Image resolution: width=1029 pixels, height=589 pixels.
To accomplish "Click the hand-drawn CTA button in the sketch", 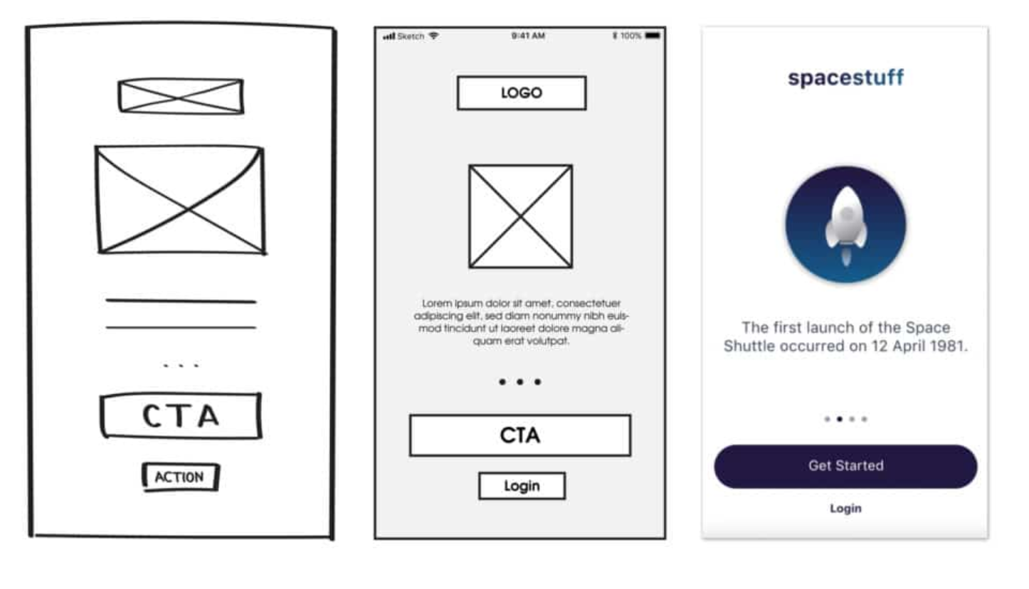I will coord(181,416).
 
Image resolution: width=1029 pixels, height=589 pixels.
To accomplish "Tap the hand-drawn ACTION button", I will coord(180,477).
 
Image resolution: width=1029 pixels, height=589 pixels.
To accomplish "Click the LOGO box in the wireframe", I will coord(521,93).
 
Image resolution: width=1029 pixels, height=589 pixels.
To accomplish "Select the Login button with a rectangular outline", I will coord(522,486).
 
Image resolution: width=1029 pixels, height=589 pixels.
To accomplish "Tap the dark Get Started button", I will coord(845,467).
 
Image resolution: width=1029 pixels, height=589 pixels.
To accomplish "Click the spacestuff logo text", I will coord(845,78).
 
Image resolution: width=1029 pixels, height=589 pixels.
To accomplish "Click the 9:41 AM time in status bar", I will coord(528,36).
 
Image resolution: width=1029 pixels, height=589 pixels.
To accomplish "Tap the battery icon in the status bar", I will coord(653,36).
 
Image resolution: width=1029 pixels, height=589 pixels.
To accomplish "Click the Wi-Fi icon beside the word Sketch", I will coord(433,36).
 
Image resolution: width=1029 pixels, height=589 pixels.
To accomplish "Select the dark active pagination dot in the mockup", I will coord(840,419).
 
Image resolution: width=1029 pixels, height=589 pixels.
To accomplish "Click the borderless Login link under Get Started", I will coord(845,509).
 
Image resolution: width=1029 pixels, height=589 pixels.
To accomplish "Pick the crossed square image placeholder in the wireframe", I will coord(520,216).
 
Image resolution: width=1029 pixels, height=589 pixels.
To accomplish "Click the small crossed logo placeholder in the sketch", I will coord(181,96).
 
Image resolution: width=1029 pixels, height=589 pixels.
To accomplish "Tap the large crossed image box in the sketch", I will coord(181,200).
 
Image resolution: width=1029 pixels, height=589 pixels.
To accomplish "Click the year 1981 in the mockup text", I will coord(949,347).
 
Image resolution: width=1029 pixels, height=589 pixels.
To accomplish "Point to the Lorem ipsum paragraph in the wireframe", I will coord(521,322).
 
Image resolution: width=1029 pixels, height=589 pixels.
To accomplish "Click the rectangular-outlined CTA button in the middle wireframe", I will coord(519,435).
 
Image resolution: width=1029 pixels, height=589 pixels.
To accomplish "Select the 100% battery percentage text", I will coord(630,36).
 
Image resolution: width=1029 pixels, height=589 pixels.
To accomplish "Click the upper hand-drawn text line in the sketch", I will coord(181,302).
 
